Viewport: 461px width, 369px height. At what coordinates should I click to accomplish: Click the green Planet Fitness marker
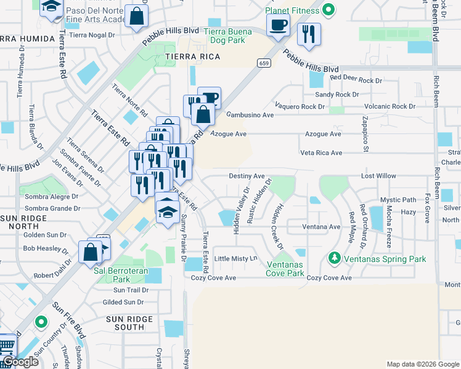point(328,10)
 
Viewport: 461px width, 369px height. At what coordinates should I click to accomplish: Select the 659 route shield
point(264,63)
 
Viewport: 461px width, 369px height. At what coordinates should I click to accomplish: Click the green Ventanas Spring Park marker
point(334,258)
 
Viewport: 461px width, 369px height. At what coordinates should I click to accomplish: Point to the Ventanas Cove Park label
point(285,269)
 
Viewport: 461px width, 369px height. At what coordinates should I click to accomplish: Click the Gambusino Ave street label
point(250,115)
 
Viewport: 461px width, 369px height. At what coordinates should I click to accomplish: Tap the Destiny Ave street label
point(247,176)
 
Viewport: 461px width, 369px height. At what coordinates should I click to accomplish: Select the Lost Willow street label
point(378,176)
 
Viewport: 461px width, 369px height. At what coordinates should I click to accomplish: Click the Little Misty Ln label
point(235,259)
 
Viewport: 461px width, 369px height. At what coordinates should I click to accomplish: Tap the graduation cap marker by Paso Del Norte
point(52,7)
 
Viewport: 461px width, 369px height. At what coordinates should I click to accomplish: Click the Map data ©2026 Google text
point(422,364)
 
